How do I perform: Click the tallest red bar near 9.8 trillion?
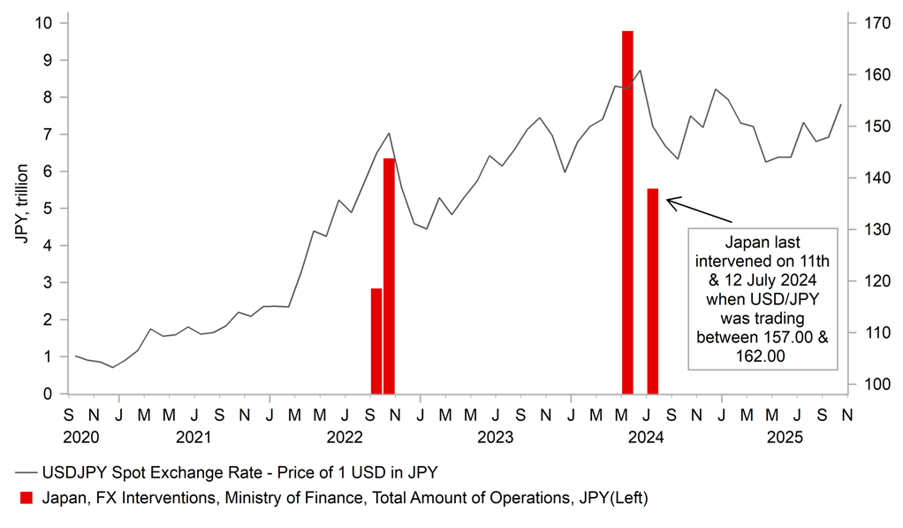click(x=627, y=212)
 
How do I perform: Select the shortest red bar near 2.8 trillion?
click(x=376, y=341)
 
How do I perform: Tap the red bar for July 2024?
click(x=652, y=291)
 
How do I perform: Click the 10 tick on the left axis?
click(x=42, y=22)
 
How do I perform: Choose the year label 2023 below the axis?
click(x=496, y=437)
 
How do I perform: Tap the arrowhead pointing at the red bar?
click(x=669, y=202)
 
